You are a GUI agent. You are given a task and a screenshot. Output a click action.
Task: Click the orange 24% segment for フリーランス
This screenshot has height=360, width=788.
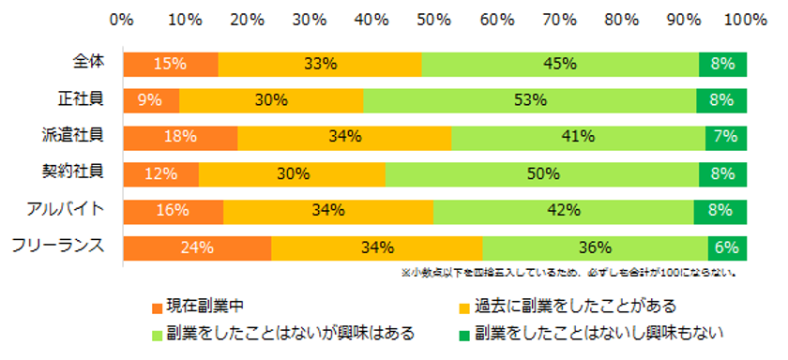coord(197,247)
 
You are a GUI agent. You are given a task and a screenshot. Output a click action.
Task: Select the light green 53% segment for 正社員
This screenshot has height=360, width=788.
coord(529,100)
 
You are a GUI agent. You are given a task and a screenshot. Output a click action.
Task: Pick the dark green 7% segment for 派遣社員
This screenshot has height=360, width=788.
coord(725,137)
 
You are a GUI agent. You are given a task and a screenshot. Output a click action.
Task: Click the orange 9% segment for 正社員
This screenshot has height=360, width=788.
coord(151,100)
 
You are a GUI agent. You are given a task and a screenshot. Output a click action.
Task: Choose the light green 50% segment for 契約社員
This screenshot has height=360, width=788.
coord(542,173)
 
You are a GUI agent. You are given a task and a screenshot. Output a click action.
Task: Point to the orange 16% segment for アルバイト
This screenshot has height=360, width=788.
coord(174,211)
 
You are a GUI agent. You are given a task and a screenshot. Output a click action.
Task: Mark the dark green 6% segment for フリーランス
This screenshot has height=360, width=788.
coord(727,247)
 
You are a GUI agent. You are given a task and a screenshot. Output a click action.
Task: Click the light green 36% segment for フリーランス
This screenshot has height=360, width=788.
coord(595,247)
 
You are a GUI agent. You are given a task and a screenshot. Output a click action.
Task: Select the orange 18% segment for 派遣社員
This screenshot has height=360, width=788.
coord(180,137)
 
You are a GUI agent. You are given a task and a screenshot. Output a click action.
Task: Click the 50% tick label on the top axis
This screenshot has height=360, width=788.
coord(434,18)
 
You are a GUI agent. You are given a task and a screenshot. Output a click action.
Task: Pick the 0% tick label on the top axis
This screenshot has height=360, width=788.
coord(122,18)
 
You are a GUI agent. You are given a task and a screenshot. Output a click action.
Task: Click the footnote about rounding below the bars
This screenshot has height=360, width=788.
coord(568,274)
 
